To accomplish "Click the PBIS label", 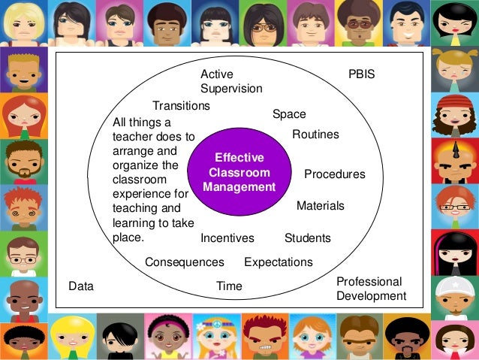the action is click(x=361, y=75).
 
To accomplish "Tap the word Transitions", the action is click(x=181, y=106).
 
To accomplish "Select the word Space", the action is click(x=289, y=114).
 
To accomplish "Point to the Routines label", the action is click(x=315, y=135).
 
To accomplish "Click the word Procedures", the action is click(x=334, y=174).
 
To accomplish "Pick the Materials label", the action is click(x=321, y=205).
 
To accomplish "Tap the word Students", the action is click(x=308, y=238).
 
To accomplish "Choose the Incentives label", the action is click(x=227, y=238).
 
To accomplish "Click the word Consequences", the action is click(x=185, y=262).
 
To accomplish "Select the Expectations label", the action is click(x=279, y=262).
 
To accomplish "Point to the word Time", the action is click(x=229, y=286).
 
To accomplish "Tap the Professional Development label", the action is click(x=371, y=289).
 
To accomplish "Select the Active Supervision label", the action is click(x=230, y=82).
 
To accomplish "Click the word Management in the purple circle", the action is click(x=239, y=187).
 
